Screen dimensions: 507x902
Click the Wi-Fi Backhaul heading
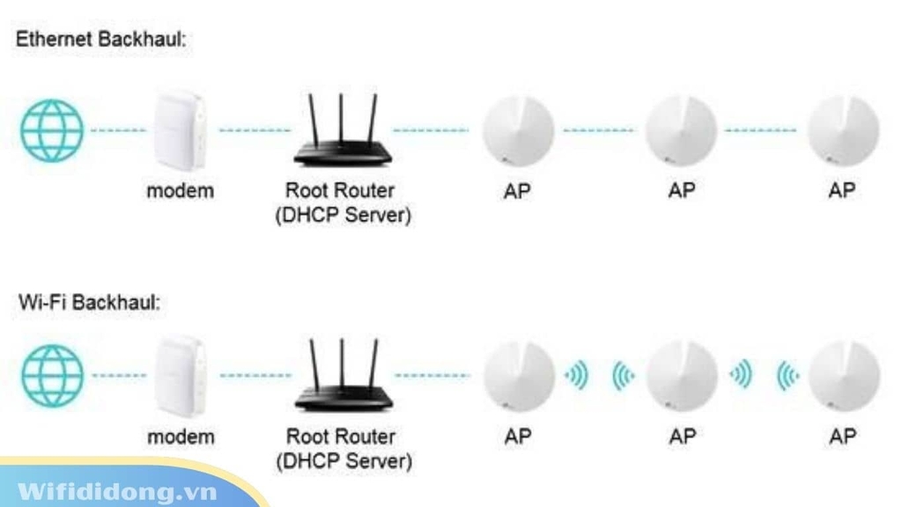tap(90, 302)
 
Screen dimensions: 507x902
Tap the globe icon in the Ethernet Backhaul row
tap(52, 130)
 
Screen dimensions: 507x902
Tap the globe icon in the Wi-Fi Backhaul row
tap(52, 375)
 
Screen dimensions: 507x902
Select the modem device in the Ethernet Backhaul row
tap(180, 130)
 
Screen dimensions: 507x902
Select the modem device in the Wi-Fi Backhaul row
tap(180, 377)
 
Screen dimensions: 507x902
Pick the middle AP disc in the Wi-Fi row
tap(681, 376)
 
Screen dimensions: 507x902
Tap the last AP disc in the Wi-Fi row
tap(843, 376)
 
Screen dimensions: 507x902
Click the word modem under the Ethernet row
tap(180, 190)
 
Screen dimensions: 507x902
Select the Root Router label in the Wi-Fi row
tap(341, 437)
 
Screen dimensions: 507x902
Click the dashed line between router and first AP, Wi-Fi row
tap(432, 376)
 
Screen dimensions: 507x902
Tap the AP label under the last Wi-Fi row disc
tap(843, 437)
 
